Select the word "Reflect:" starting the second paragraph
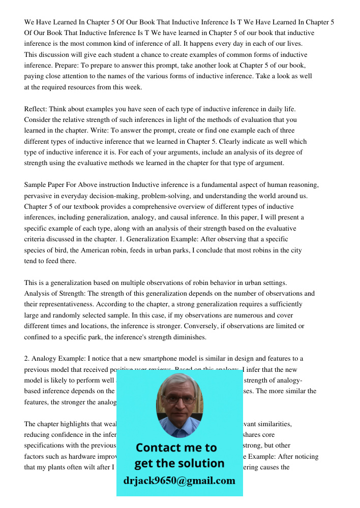point(37,109)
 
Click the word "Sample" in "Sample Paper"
point(36,185)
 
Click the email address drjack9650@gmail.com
point(179,481)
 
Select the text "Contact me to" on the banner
point(176,448)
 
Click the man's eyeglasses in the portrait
point(179,399)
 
